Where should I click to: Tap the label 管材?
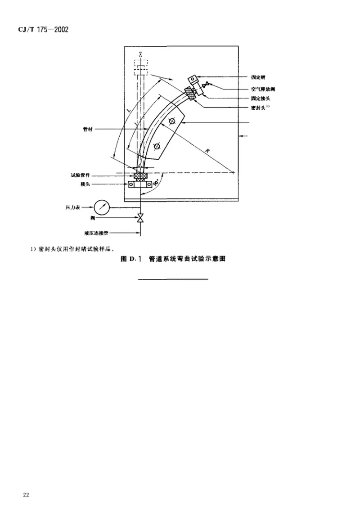pyautogui.click(x=83, y=129)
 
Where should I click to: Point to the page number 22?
pyautogui.click(x=26, y=495)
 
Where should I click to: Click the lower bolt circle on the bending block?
pyautogui.click(x=156, y=146)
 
